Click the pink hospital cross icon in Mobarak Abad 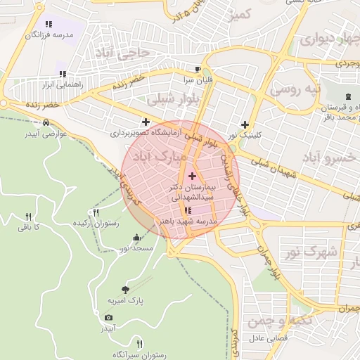pos(193,174)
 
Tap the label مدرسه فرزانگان pos(51,34)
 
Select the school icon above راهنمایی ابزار pos(63,73)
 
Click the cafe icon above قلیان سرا pos(198,69)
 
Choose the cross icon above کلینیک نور pos(245,124)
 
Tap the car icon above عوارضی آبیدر pos(46,122)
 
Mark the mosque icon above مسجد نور pos(135,237)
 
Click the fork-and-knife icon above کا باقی pos(29,216)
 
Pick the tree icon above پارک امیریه pos(125,289)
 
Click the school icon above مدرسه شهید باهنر pos(186,210)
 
